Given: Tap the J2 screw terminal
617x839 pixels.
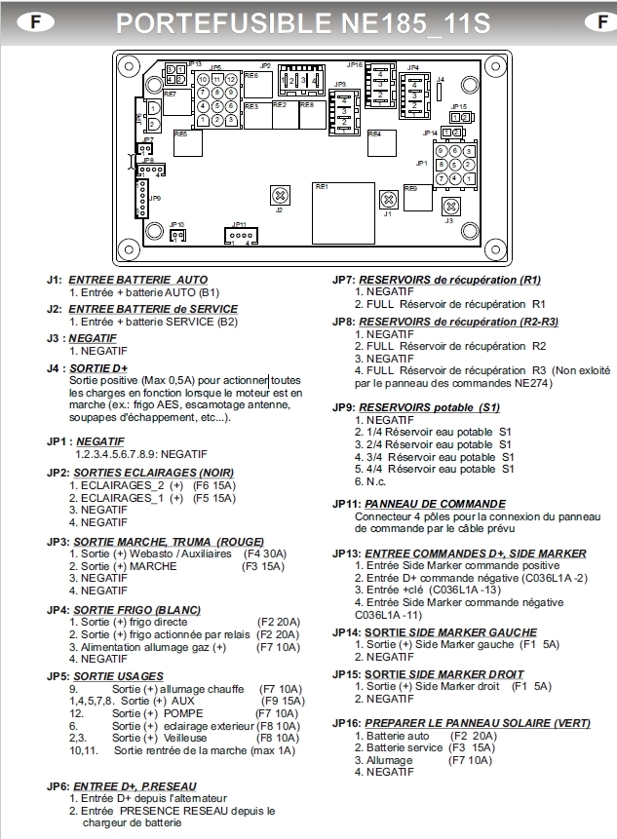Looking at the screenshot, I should point(281,193).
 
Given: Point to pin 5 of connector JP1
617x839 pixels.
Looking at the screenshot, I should point(454,165).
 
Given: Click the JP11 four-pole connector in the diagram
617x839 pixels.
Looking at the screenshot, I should point(240,234).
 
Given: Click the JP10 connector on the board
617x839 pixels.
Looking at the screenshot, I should point(176,234).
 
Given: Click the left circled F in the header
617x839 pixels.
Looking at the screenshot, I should point(20,20).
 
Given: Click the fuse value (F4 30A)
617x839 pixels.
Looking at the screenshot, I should point(269,553).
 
